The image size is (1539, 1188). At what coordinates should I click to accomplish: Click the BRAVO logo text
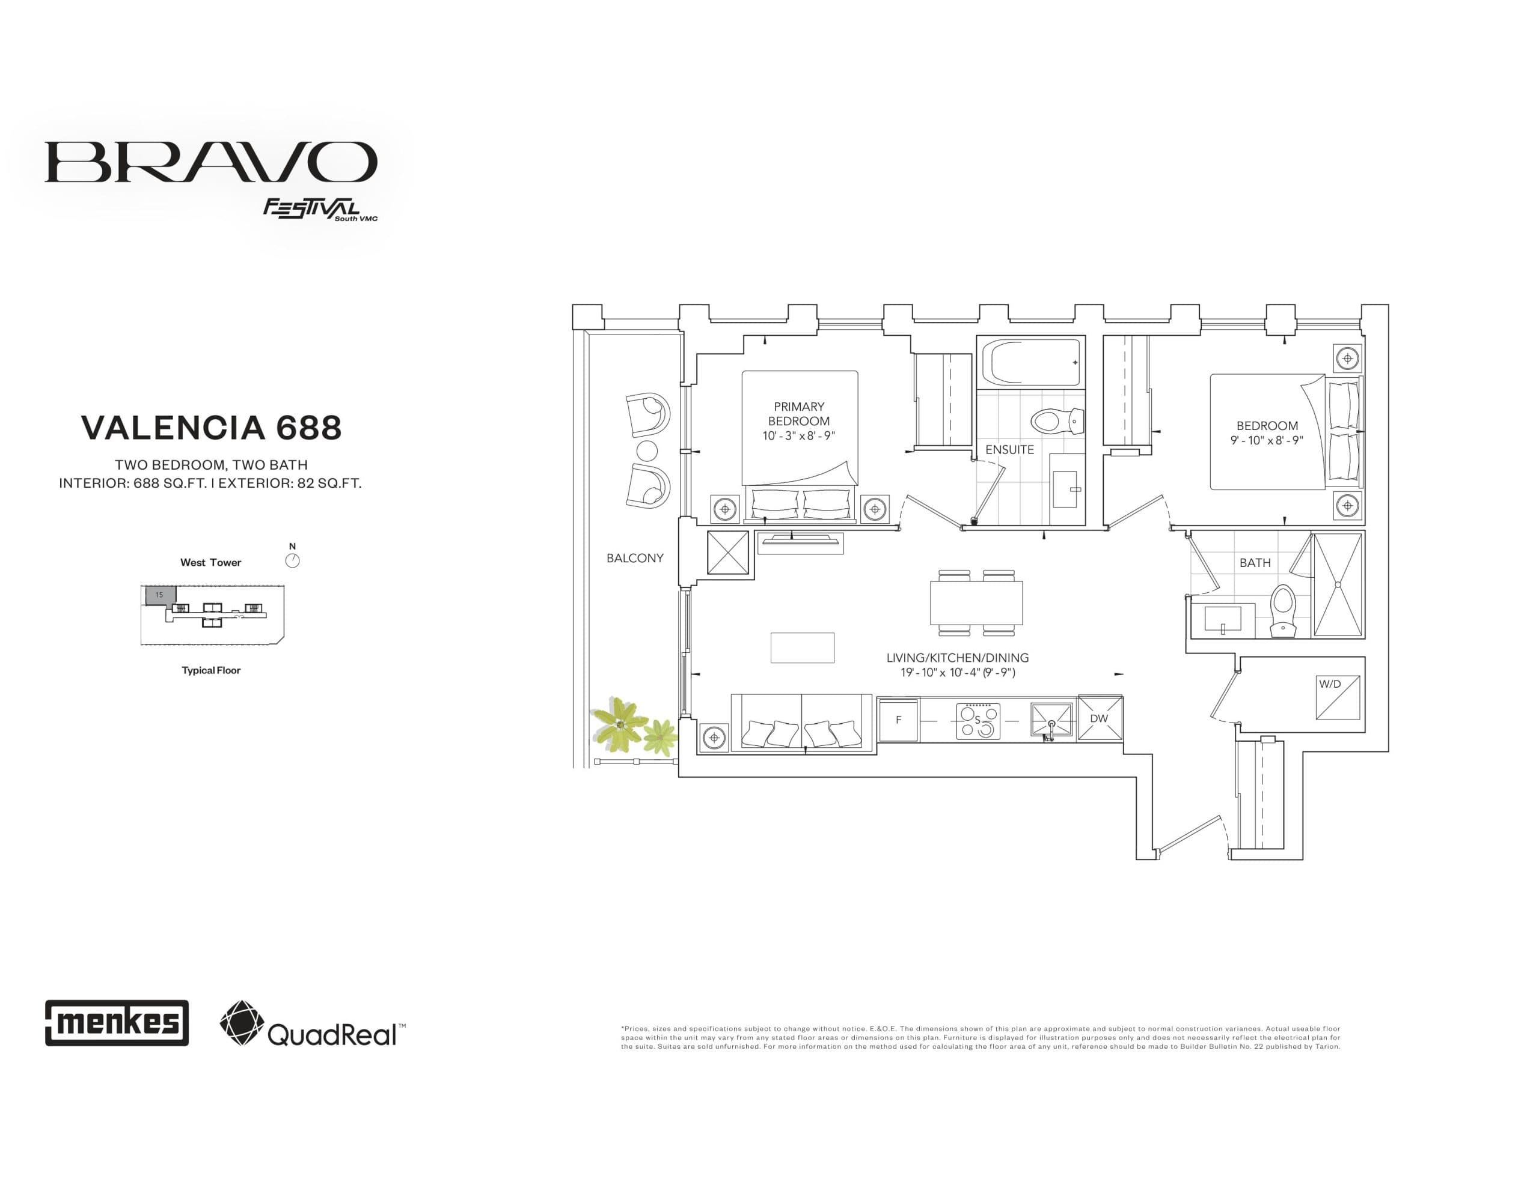[210, 162]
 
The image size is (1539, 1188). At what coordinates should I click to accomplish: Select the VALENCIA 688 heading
[212, 428]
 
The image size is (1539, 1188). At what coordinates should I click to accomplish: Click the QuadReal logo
[312, 1024]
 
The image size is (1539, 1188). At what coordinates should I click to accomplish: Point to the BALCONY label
[634, 558]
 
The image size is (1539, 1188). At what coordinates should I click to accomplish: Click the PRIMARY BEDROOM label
[798, 413]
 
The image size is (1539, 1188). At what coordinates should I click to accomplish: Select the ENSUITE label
[1009, 449]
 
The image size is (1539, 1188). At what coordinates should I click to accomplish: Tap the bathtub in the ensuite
[1035, 363]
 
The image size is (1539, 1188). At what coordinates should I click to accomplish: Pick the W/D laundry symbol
[1338, 697]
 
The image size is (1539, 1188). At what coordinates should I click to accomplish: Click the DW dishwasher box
[1100, 718]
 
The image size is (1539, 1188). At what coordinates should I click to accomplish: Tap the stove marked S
[978, 720]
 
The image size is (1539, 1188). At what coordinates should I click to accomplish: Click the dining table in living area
[976, 602]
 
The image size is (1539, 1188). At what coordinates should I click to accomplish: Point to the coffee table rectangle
[802, 647]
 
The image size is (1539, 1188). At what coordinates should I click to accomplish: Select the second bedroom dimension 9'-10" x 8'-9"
[1266, 440]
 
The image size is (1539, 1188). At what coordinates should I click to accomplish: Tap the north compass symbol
[292, 560]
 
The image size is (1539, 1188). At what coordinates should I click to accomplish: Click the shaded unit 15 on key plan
[160, 595]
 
